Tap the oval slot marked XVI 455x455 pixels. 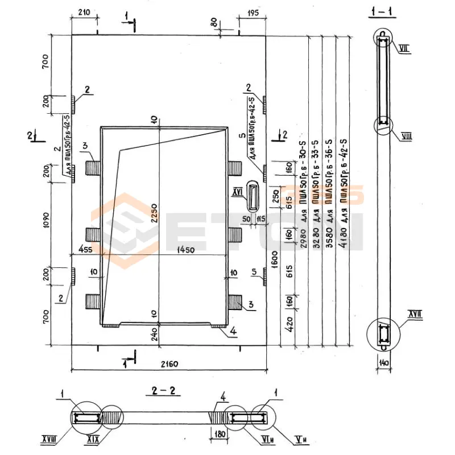[253, 196]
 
